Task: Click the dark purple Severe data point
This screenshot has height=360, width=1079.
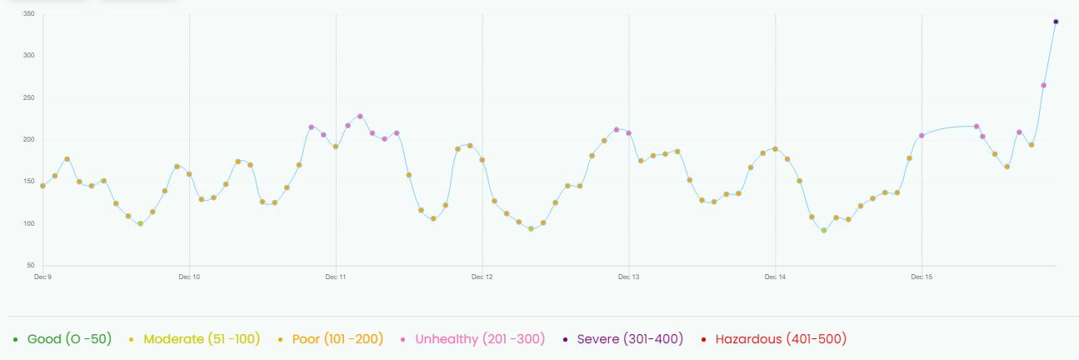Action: [x=1056, y=22]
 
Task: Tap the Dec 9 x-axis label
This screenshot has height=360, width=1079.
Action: [x=42, y=277]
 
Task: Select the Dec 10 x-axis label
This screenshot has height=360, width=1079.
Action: [x=189, y=277]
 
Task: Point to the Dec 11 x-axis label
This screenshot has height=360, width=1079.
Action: [x=336, y=277]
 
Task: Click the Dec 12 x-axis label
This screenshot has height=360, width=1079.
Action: [x=482, y=277]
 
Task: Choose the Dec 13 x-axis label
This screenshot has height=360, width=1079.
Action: [x=629, y=277]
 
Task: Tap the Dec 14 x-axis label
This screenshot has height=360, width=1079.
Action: [x=775, y=277]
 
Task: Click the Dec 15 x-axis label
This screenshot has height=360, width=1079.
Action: [x=922, y=277]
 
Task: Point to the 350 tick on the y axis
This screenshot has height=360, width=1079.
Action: [x=28, y=14]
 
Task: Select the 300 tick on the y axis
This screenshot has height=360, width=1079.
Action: [x=28, y=56]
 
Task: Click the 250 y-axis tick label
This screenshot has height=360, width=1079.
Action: [x=28, y=98]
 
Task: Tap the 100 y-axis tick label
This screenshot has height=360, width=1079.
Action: [x=28, y=223]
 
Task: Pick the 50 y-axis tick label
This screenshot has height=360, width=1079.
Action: [x=30, y=265]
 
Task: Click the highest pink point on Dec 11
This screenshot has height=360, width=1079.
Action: [x=360, y=117]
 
